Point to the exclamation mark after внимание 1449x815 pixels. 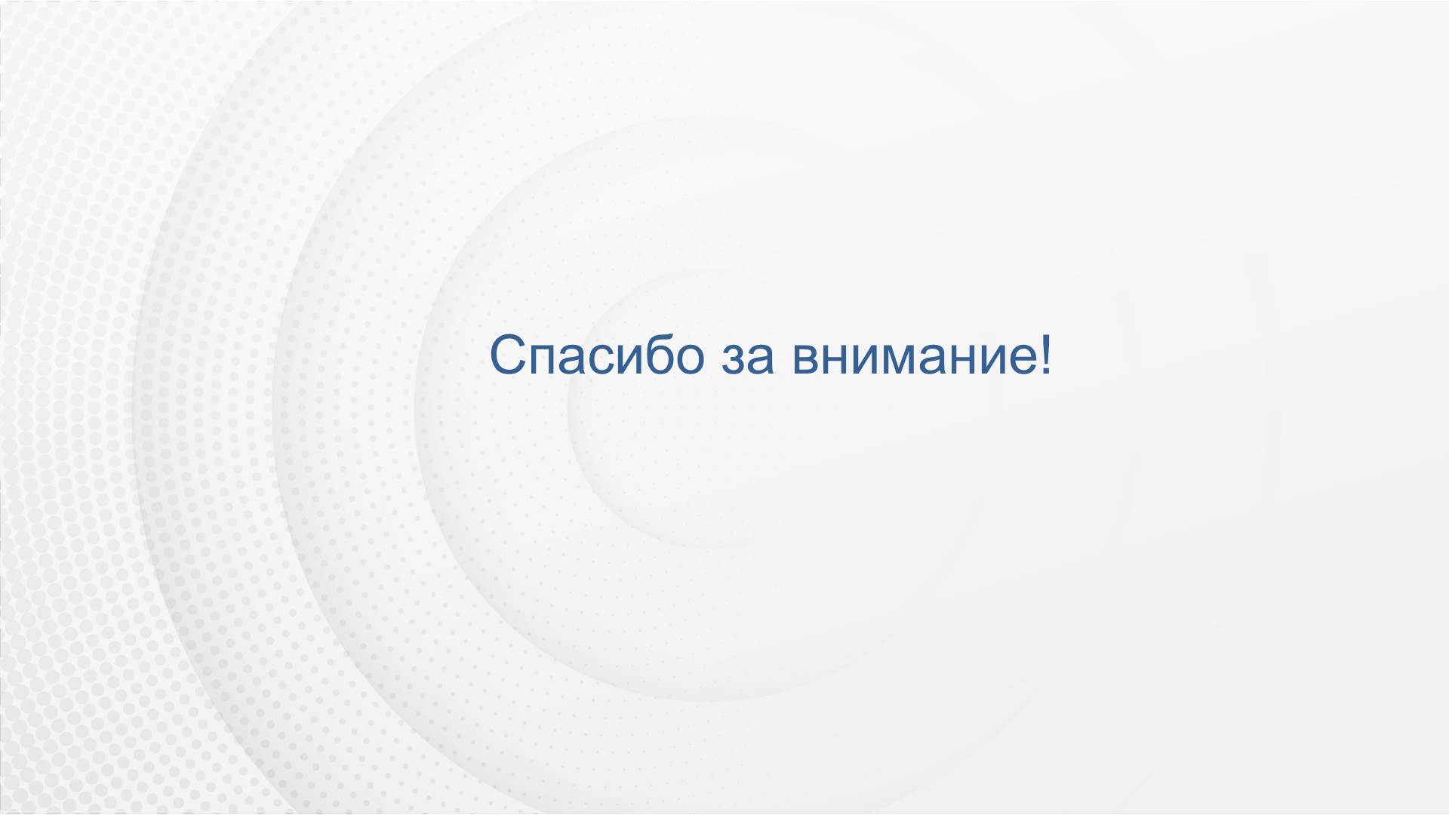tap(1043, 355)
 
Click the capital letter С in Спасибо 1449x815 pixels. tap(508, 355)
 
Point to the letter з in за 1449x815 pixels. tap(734, 360)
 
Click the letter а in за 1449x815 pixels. tap(761, 360)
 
